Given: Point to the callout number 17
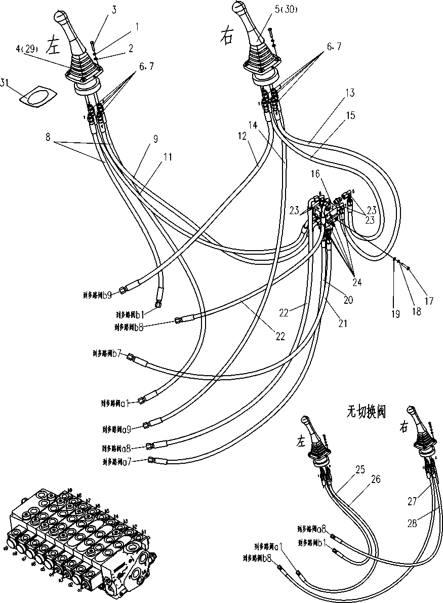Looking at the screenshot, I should pos(429,300).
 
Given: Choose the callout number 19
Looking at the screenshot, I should pos(395,314).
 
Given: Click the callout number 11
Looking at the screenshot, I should pos(168,157).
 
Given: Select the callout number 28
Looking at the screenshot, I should pos(412,524).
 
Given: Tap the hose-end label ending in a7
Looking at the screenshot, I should pos(117,462).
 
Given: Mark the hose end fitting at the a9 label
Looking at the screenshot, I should pos(146,425).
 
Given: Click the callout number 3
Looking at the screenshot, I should pos(114,9).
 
